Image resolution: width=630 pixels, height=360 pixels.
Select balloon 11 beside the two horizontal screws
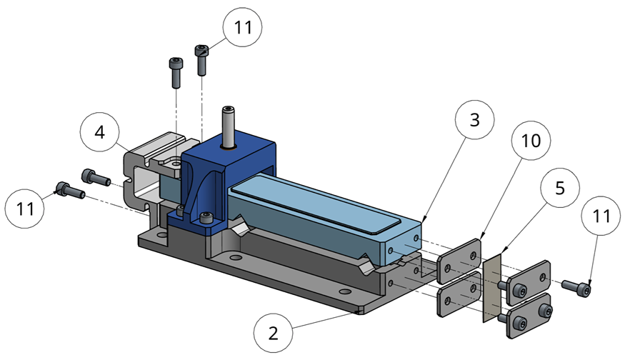26,209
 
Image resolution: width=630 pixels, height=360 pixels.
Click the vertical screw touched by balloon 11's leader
201,58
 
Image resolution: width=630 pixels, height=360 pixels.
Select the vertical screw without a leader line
175,71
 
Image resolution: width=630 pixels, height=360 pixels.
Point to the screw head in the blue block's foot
207,217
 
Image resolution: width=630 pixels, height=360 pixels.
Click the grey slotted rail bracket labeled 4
146,179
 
